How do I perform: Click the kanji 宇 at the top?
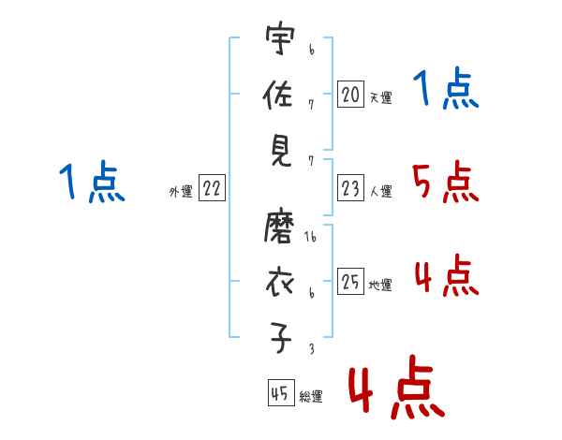click(x=280, y=38)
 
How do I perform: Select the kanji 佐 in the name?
click(x=278, y=95)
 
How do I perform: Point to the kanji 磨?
click(x=279, y=227)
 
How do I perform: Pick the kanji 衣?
click(x=279, y=283)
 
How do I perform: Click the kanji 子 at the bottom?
click(x=280, y=338)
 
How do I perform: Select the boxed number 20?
click(x=350, y=95)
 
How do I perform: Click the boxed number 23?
click(x=350, y=187)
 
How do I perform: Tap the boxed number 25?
click(x=350, y=281)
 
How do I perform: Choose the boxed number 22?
click(x=212, y=187)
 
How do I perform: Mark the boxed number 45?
click(x=281, y=392)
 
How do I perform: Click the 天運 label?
click(x=381, y=97)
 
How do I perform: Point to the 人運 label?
click(x=381, y=191)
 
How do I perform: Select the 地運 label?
click(x=380, y=285)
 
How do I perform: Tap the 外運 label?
click(x=181, y=191)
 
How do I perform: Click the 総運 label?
click(x=311, y=396)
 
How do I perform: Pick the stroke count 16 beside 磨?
click(x=310, y=237)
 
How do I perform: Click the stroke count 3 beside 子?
click(x=312, y=348)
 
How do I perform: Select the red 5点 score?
click(x=445, y=182)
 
